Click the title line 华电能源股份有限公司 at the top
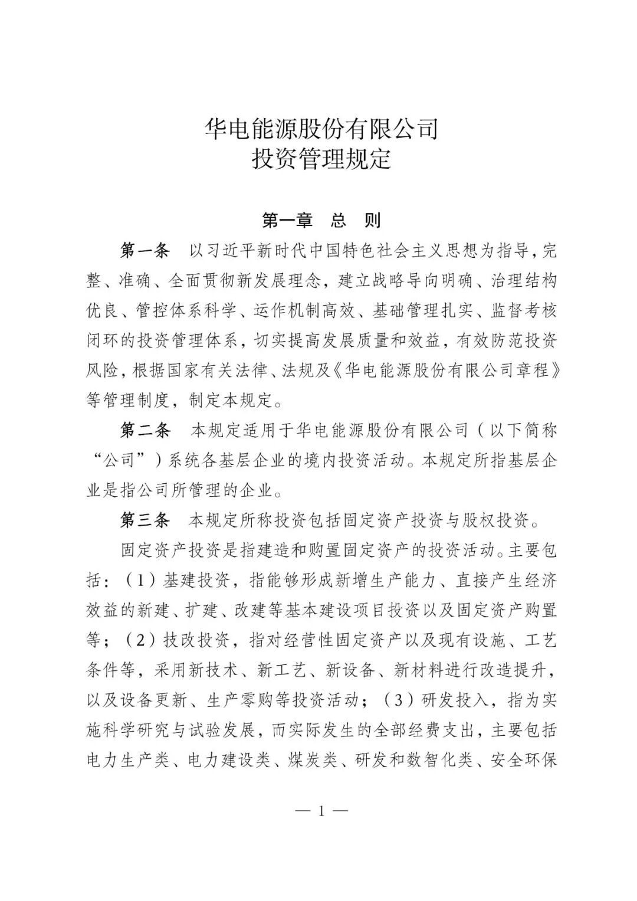point(321,128)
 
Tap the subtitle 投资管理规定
point(321,159)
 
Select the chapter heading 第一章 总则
point(321,221)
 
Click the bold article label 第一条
point(145,250)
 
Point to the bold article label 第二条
point(145,430)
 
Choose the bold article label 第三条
point(145,520)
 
